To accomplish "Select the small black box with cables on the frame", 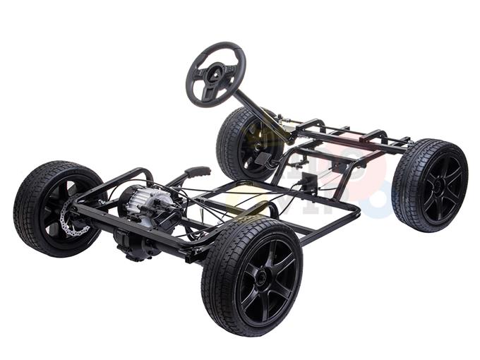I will tap(308, 185).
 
